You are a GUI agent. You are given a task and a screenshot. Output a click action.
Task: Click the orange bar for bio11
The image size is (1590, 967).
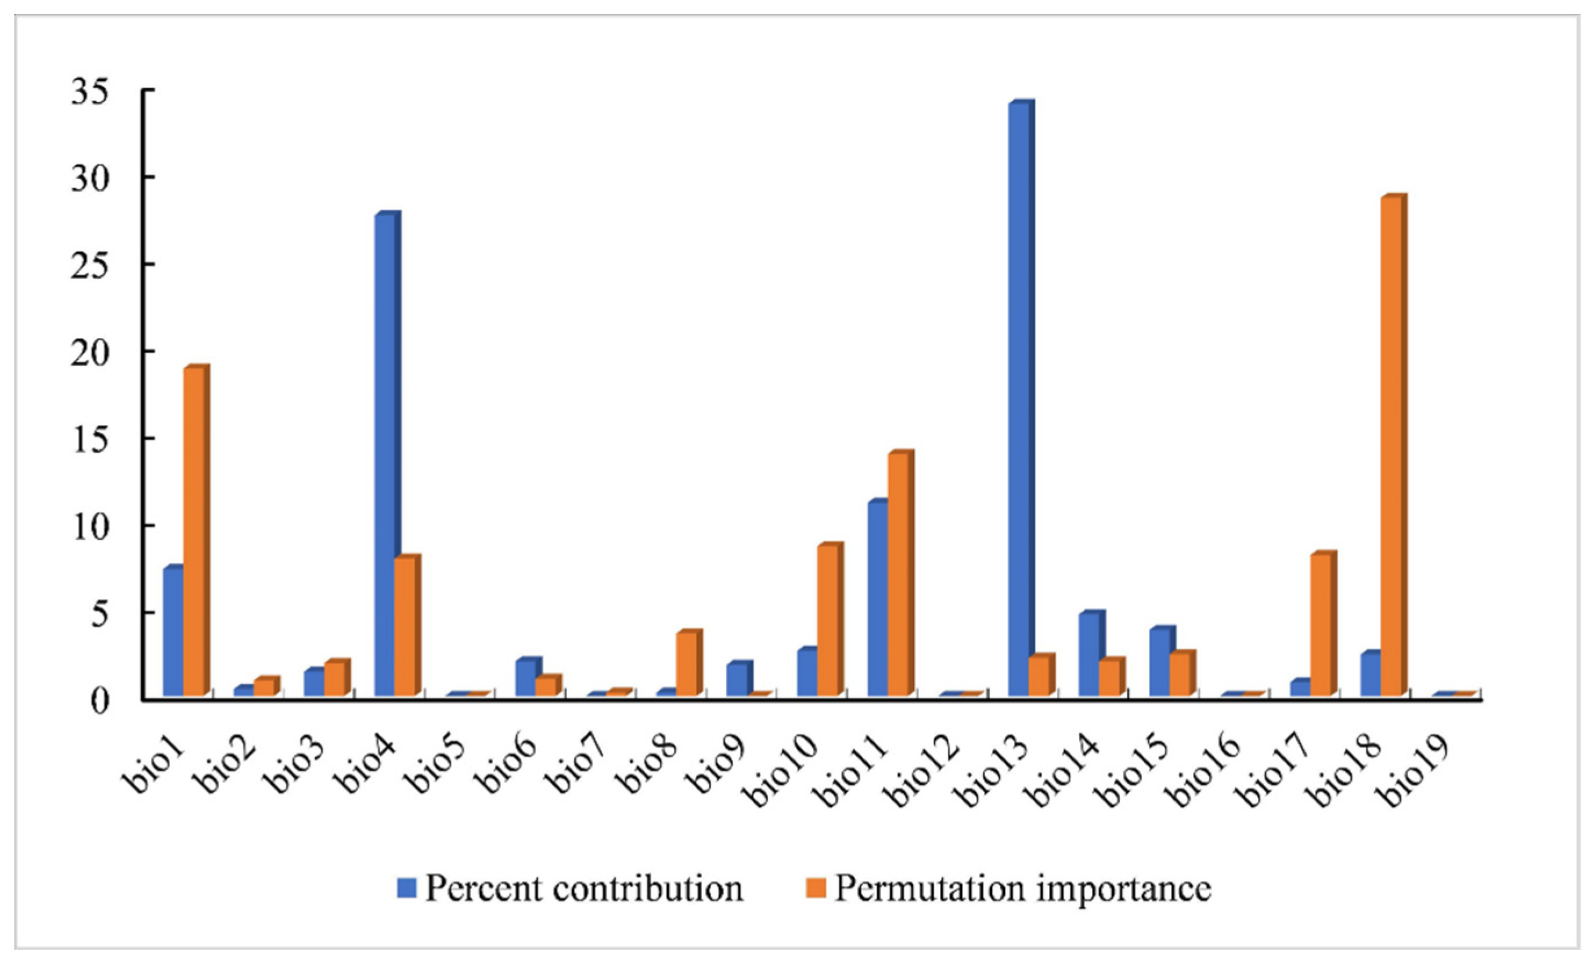[x=898, y=575]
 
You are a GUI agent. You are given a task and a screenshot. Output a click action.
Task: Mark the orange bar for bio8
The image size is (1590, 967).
[x=687, y=664]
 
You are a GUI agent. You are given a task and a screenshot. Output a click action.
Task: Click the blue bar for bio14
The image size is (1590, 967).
[x=1090, y=654]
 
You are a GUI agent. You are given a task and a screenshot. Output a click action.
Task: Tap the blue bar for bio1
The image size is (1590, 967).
[x=173, y=632]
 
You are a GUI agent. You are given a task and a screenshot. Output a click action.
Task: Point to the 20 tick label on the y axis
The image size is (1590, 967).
[x=91, y=354]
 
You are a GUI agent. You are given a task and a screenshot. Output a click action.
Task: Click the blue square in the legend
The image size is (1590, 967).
[x=408, y=888]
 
